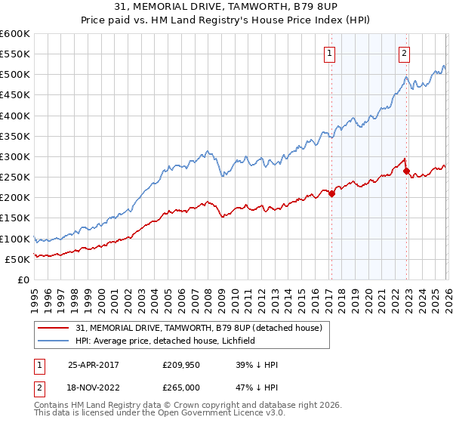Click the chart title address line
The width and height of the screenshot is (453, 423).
point(226,8)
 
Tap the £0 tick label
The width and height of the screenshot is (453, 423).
point(24,279)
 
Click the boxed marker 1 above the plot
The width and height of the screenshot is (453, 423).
point(331,53)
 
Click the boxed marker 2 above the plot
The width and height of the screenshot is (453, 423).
point(405,53)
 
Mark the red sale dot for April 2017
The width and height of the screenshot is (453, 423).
point(331,193)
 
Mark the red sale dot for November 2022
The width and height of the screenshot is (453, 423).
point(406,171)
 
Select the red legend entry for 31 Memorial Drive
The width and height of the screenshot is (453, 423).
point(199,328)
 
